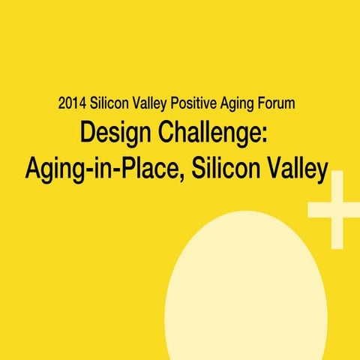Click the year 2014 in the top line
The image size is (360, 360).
(x=71, y=103)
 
